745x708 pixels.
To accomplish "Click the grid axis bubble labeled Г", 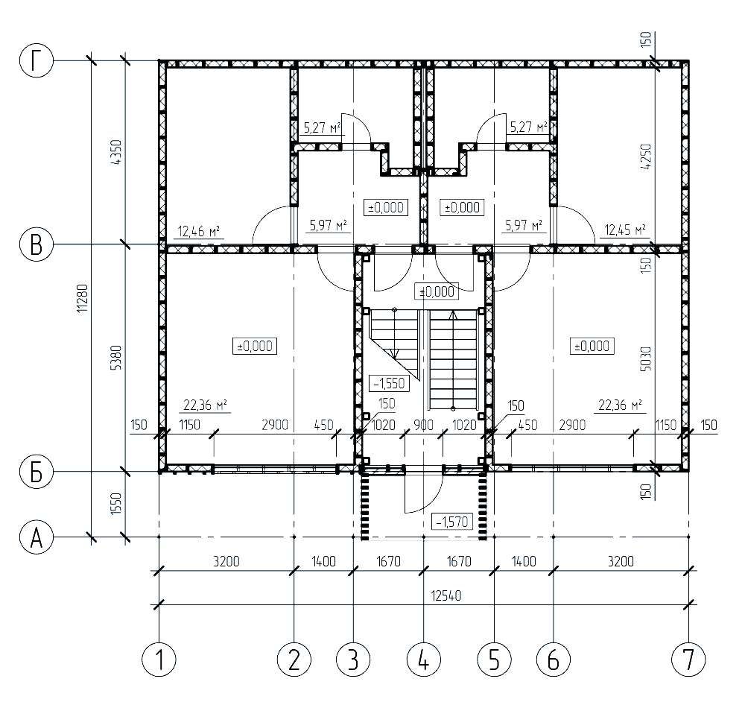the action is pos(36,61).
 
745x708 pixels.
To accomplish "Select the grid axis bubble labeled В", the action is pos(36,244).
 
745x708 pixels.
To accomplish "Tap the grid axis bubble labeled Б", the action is pos(36,472).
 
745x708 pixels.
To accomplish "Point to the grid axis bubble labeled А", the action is pos(36,538).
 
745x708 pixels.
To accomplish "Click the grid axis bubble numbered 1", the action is pos(159,660).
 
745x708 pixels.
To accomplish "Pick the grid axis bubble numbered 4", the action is pos(424,660).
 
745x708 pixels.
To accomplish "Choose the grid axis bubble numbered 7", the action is pos(688,660).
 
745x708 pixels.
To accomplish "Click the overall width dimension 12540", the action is pos(446,596).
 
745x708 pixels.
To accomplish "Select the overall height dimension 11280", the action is pos(83,298).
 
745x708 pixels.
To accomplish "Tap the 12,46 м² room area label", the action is pos(199,232).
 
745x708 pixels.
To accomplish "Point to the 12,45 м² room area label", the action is pos(625,230).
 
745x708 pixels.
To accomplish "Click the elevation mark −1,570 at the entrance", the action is pos(452,522).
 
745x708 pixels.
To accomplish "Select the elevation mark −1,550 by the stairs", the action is pos(389,382).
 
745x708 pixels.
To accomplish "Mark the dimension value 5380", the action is pos(117,358).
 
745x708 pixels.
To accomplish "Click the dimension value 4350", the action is pos(117,152).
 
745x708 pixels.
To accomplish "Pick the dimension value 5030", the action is pos(646,358).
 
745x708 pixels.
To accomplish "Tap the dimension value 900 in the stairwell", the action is pos(423,425).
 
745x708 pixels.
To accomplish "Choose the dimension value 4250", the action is pos(646,157).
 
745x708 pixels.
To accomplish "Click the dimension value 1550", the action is pos(117,504).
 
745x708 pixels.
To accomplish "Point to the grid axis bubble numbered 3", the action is pos(353,660).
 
